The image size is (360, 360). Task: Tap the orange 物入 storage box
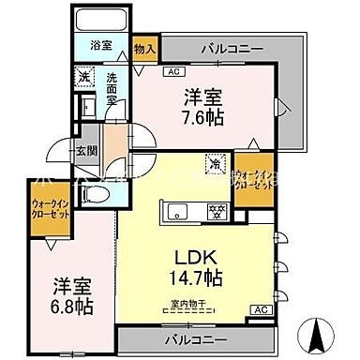point(145,47)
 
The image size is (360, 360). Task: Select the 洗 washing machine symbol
point(83,77)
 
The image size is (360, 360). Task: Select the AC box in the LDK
point(262,309)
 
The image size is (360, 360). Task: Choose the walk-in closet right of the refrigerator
point(252,177)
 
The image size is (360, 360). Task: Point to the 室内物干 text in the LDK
point(190,301)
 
